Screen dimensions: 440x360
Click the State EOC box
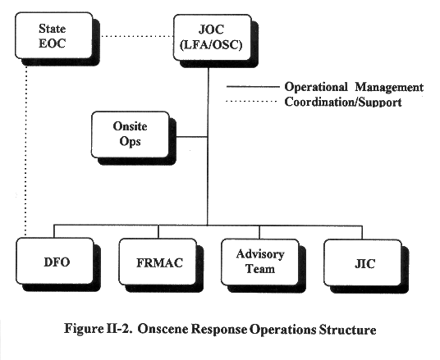click(54, 35)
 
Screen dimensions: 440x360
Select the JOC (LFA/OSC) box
click(212, 38)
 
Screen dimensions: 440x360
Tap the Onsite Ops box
click(131, 134)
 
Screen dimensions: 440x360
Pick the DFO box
click(55, 261)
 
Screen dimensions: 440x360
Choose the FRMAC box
click(158, 262)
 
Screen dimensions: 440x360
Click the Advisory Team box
click(260, 262)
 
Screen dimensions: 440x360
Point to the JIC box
click(363, 262)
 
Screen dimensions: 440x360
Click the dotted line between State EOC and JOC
click(136, 36)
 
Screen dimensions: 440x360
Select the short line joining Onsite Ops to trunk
click(192, 137)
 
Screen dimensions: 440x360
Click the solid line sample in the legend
click(253, 87)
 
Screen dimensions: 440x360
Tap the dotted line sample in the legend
click(251, 101)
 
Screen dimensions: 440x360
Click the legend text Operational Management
click(354, 87)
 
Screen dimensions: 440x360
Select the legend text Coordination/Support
click(343, 102)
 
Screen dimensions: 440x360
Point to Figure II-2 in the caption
click(98, 328)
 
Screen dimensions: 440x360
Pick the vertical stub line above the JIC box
click(362, 232)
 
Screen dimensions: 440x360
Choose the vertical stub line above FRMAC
click(158, 232)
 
